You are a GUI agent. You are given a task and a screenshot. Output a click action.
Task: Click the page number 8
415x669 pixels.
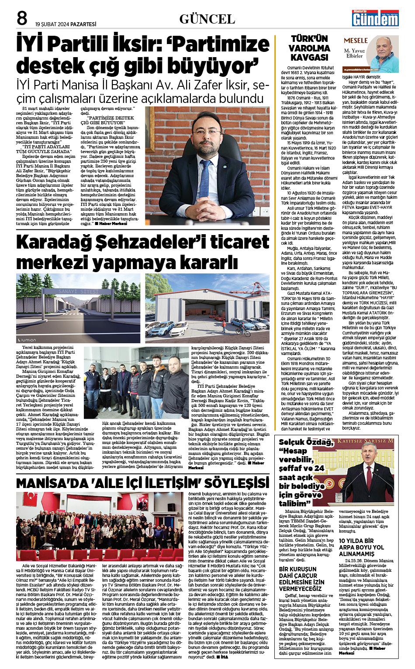point(21,18)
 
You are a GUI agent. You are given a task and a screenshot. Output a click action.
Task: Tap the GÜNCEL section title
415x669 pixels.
point(207,19)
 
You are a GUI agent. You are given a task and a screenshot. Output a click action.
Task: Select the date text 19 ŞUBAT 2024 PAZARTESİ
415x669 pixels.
point(66,24)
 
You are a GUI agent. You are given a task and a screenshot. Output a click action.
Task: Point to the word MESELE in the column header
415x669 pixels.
point(356,41)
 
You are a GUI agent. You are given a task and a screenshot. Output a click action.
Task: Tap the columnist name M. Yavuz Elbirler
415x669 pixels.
point(354,53)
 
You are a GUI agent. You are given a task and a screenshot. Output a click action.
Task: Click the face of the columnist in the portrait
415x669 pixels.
point(384,48)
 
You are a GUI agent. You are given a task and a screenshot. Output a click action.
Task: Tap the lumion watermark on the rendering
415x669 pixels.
point(28,340)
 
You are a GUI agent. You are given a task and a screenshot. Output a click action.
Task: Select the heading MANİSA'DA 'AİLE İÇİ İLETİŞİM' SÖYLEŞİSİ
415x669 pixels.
point(142,483)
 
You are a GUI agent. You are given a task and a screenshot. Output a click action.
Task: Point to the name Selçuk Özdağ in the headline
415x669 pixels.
point(306,442)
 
